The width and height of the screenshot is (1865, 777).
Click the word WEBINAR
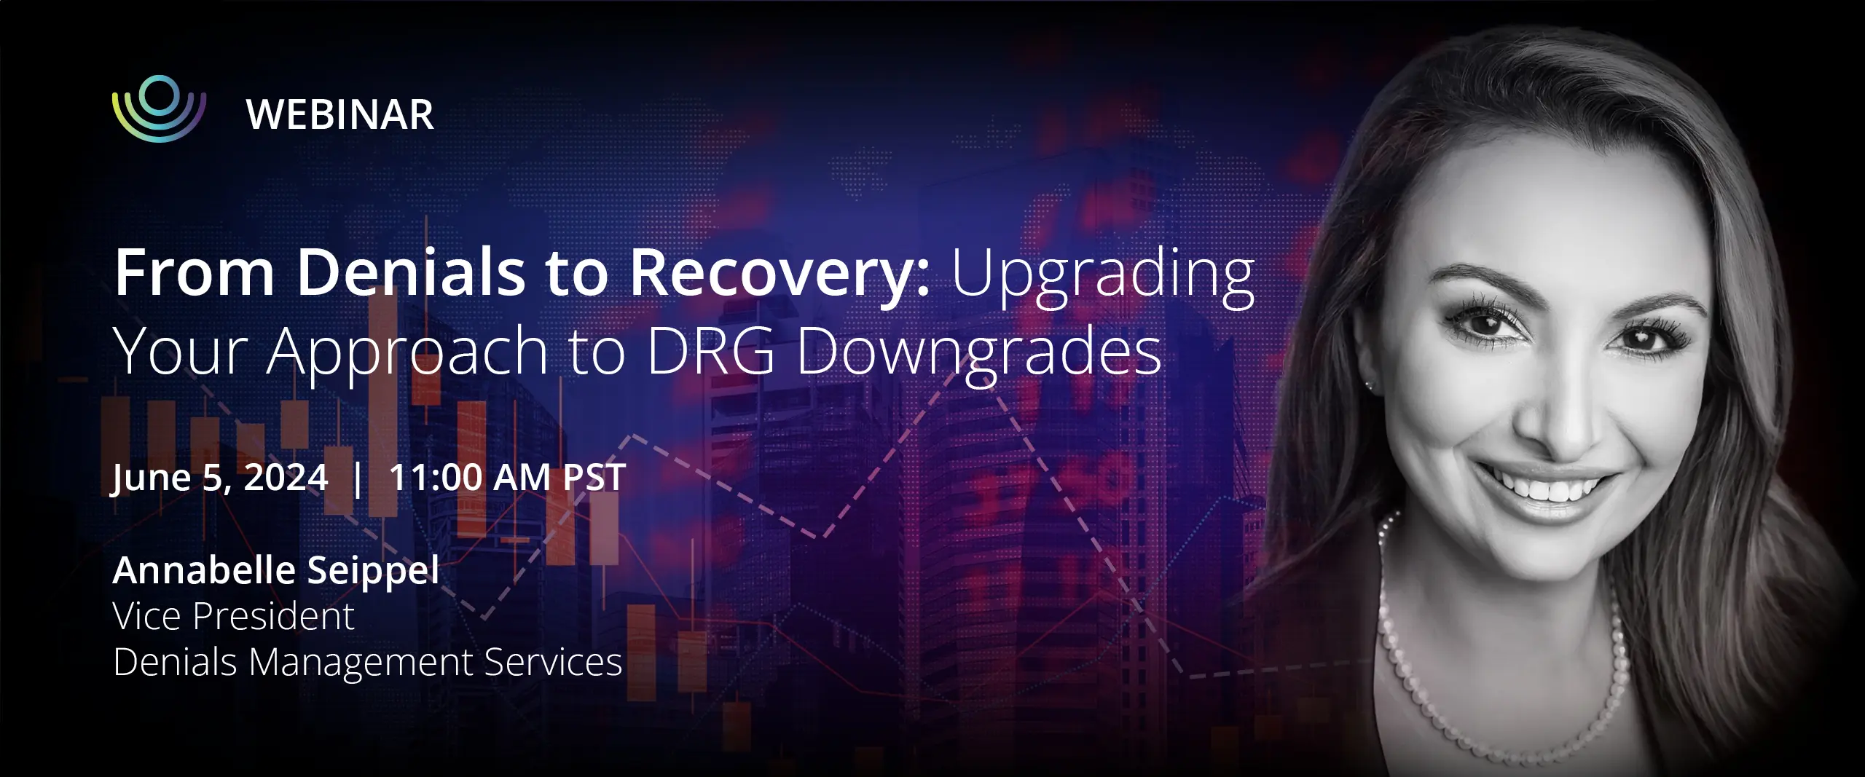coord(340,115)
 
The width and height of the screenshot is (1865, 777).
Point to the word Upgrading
coord(1103,277)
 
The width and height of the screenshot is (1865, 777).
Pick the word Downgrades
coord(979,354)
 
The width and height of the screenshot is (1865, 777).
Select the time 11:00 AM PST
coord(507,478)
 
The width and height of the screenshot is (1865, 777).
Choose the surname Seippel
coord(373,571)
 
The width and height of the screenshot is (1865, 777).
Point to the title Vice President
coord(233,616)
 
